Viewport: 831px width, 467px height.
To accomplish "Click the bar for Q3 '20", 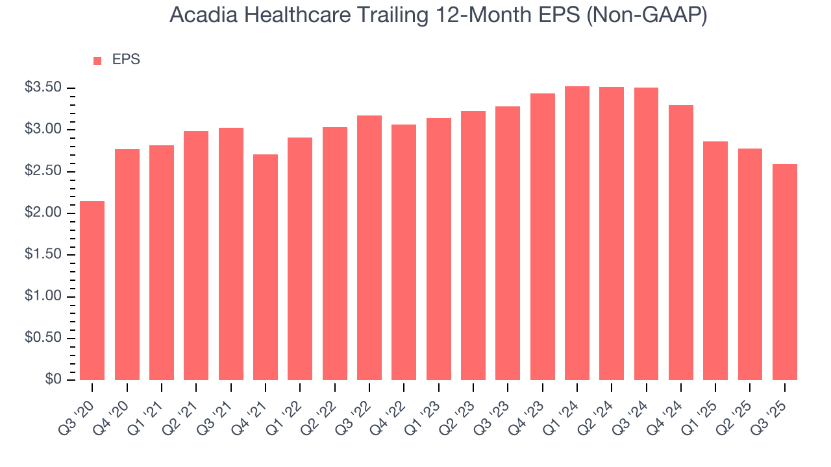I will pos(92,290).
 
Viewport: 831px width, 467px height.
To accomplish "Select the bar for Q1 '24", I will pos(577,233).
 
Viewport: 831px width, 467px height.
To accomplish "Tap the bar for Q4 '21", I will pos(266,267).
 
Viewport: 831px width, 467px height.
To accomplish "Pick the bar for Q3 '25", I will pos(785,272).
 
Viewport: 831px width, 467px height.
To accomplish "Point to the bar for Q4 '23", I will pos(542,236).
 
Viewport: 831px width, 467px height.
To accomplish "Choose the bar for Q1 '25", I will pos(715,260).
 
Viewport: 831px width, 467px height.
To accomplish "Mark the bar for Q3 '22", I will pos(369,247).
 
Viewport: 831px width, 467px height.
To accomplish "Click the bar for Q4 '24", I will pos(681,242).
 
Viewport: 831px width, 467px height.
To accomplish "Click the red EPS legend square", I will pos(97,60).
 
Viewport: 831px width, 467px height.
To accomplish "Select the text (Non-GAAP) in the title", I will pos(645,15).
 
